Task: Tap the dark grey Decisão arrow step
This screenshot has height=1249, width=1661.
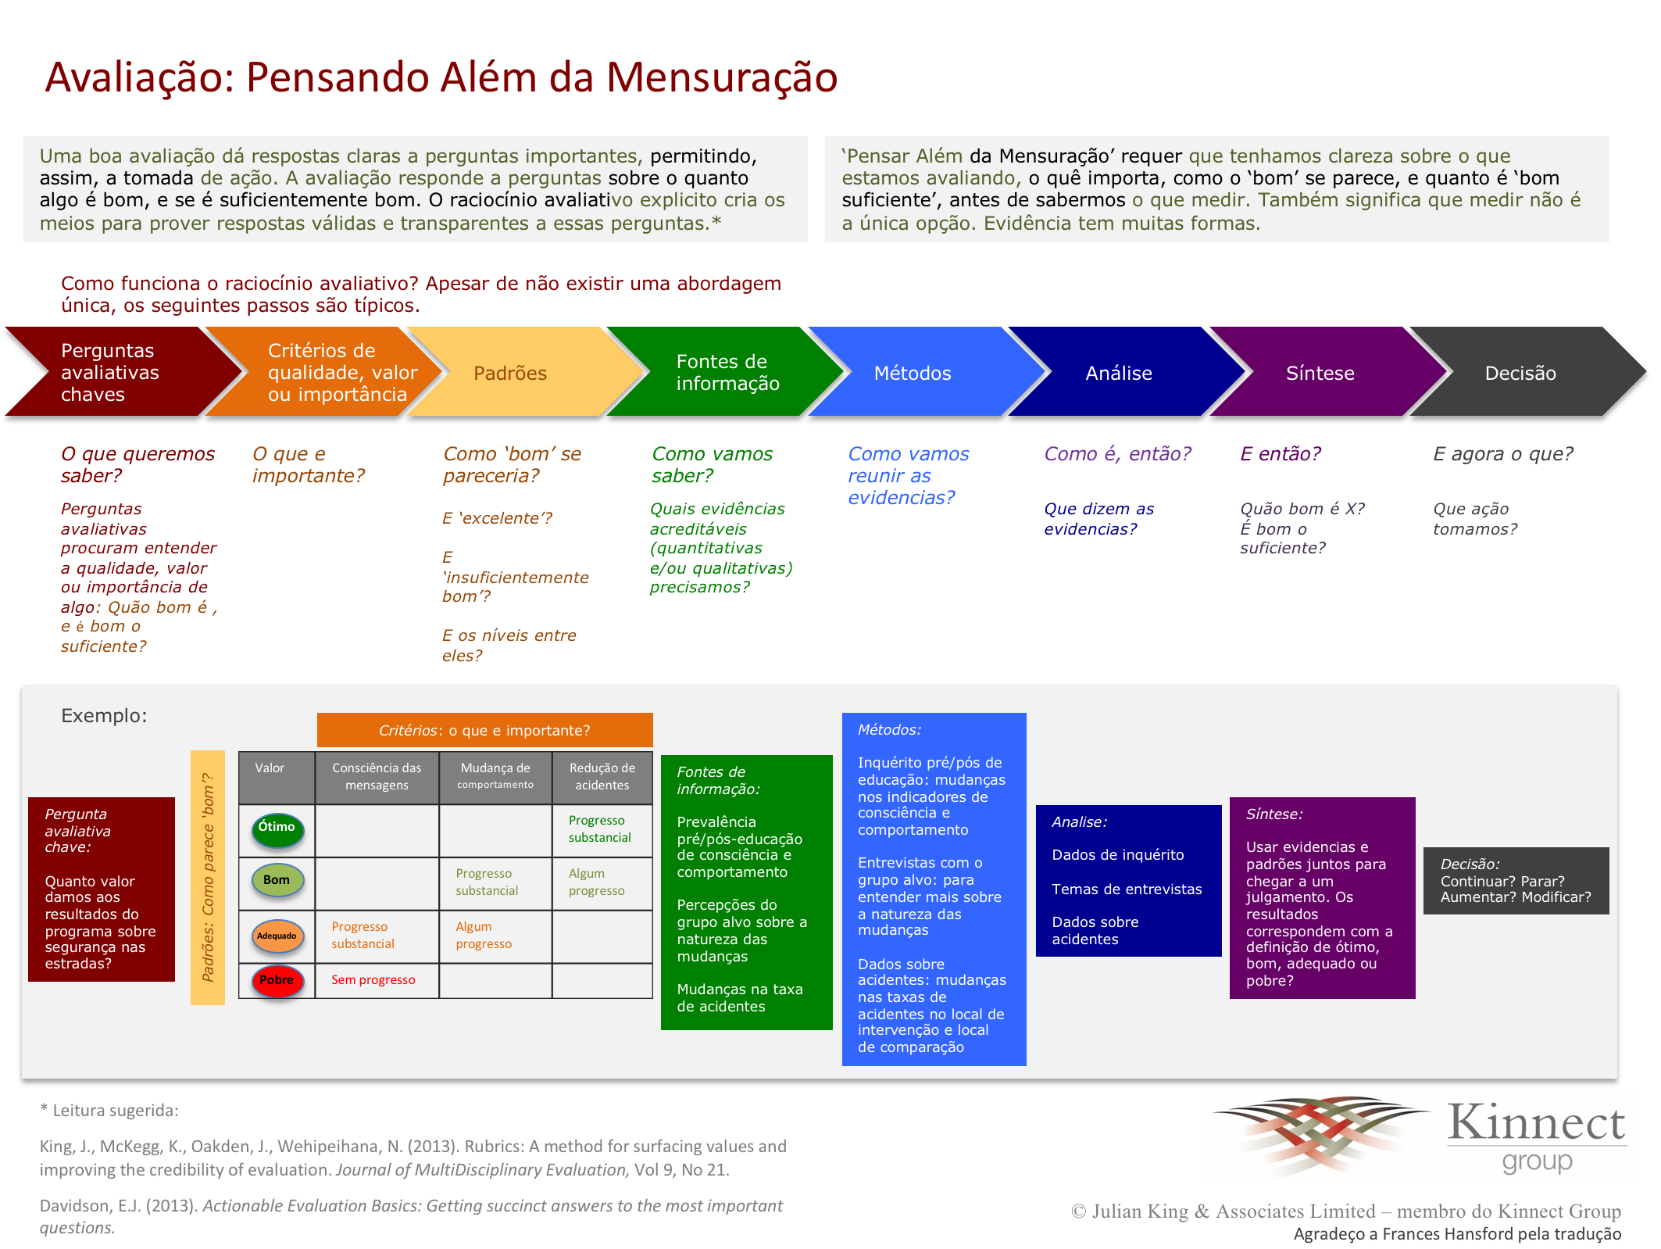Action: coord(1523,372)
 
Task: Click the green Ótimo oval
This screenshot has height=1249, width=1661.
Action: coord(277,829)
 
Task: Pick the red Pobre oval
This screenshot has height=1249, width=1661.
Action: coord(277,981)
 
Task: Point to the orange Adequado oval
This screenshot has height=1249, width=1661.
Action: coord(277,936)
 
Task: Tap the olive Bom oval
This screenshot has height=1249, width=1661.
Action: coord(277,881)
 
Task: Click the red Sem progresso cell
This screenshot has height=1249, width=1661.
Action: coord(373,980)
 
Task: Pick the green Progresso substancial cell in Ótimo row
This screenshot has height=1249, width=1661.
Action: coord(599,829)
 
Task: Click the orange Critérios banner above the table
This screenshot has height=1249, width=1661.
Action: coord(484,730)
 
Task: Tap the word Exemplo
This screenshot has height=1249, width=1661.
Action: coord(104,716)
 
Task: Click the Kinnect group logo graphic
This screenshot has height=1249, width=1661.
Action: coord(1320,1133)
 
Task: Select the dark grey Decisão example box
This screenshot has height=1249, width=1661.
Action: coord(1516,881)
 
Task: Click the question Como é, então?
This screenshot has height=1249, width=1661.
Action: coord(1118,454)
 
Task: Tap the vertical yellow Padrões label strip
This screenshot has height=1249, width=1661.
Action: coord(208,877)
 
